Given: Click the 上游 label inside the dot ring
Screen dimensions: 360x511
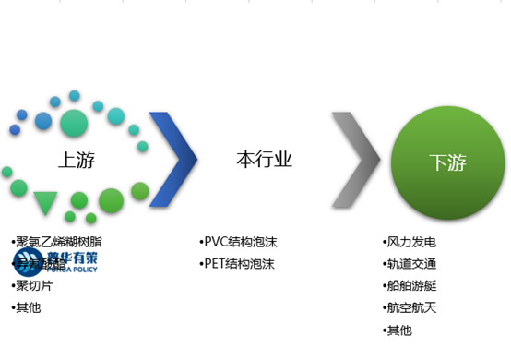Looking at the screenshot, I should click(77, 159).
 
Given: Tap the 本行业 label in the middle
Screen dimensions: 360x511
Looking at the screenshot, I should click(264, 159).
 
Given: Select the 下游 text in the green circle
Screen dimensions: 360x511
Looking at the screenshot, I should click(448, 162).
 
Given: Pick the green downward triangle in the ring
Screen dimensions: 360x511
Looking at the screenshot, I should click(45, 202).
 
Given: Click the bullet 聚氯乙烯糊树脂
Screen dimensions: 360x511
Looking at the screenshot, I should click(58, 243).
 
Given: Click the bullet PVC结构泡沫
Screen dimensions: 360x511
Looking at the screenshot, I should click(240, 243).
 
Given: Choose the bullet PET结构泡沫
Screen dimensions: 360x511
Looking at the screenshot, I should click(239, 265).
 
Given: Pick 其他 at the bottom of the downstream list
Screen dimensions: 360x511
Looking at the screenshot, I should click(398, 330).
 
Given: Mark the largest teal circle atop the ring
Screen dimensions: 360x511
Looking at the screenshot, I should click(71, 123).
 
